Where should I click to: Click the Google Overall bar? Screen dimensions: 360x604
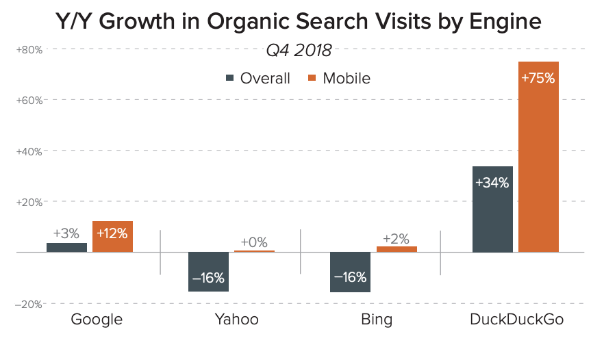click(66, 247)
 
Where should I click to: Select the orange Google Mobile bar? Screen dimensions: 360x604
click(112, 237)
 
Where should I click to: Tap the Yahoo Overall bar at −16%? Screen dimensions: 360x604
click(209, 272)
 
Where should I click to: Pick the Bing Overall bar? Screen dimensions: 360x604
click(350, 272)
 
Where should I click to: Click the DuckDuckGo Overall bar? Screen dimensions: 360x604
click(492, 209)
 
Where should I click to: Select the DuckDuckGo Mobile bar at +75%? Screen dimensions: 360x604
click(538, 157)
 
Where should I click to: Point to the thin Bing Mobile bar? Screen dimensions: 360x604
click(397, 249)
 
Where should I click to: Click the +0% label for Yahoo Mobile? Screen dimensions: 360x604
click(254, 242)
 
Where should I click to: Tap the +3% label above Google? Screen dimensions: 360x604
click(66, 233)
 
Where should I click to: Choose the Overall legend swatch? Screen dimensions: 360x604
click(231, 78)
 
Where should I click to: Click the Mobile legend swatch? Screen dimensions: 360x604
click(313, 78)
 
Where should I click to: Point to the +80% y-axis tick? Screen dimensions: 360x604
click(29, 49)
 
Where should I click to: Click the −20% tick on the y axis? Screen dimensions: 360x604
click(29, 304)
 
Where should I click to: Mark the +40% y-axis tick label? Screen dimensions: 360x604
click(29, 151)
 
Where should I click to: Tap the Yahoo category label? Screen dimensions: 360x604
click(236, 320)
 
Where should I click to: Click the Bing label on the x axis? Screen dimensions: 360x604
click(375, 320)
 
